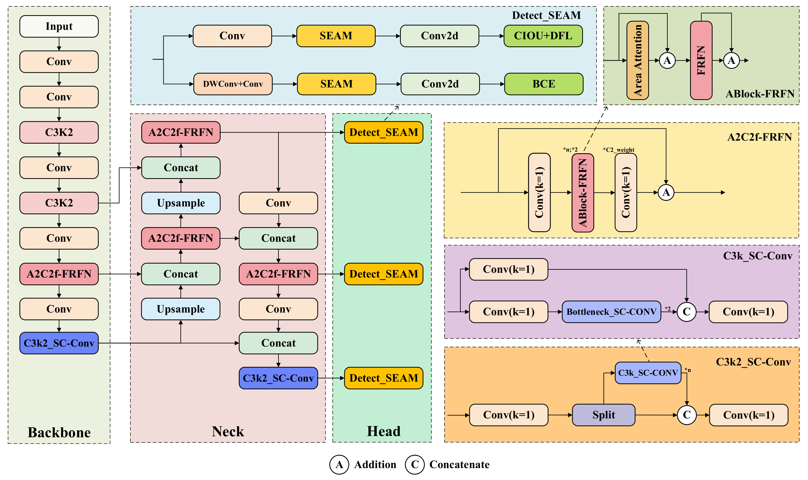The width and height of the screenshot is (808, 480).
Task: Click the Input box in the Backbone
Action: (59, 26)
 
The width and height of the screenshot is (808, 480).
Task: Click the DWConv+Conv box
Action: (233, 84)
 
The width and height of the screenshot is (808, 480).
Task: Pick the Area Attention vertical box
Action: (637, 60)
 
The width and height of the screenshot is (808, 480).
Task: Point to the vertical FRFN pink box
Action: (701, 60)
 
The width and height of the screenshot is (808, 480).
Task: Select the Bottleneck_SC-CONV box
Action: (611, 312)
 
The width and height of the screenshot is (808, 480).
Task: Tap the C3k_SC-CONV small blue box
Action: (648, 373)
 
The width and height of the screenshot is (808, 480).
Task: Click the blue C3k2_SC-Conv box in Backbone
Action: (59, 343)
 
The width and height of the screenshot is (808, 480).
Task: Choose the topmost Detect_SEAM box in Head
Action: (383, 132)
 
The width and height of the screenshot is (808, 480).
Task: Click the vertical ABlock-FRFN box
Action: (582, 193)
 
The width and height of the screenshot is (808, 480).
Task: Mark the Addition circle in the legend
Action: (339, 465)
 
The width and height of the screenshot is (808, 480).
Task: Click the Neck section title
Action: (228, 431)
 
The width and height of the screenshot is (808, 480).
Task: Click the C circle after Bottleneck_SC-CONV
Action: (686, 312)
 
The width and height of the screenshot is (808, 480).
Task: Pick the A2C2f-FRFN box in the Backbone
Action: (59, 274)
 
